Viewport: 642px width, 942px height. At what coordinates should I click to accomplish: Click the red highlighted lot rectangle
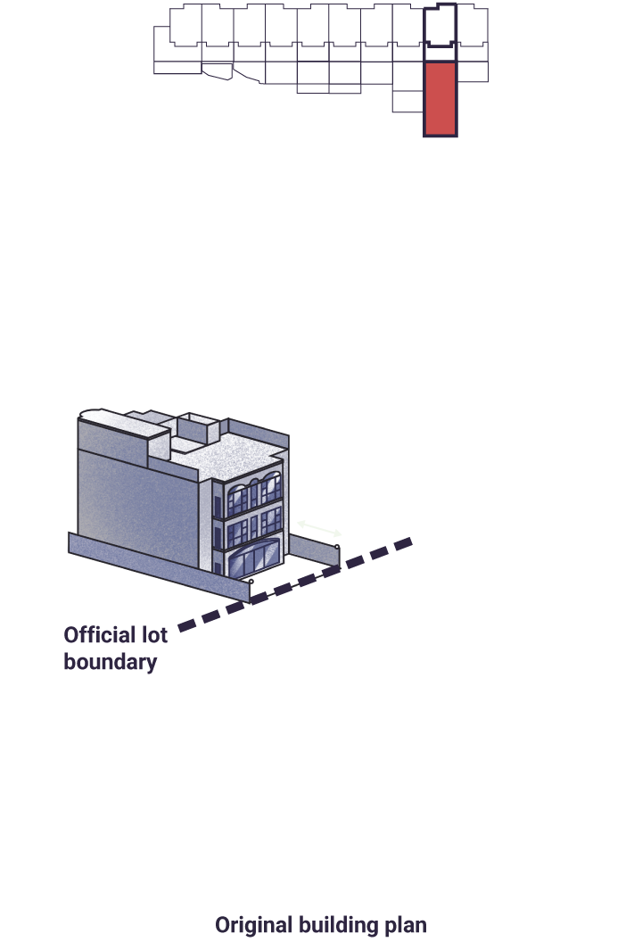440,99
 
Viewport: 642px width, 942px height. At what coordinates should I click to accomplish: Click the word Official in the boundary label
99,635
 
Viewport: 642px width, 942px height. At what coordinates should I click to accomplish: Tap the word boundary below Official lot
111,662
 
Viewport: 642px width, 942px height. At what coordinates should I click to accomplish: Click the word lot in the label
154,635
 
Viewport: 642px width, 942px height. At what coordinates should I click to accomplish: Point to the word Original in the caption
253,924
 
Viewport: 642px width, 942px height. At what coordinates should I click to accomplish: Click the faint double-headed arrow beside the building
319,528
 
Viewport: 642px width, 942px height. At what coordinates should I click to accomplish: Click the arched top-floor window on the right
271,487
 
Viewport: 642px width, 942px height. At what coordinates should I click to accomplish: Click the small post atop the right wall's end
338,547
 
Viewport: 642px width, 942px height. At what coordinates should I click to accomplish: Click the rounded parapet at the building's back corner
90,414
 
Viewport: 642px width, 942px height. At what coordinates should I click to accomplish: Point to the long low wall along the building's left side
159,566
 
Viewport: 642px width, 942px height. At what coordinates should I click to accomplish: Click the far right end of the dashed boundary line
412,541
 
